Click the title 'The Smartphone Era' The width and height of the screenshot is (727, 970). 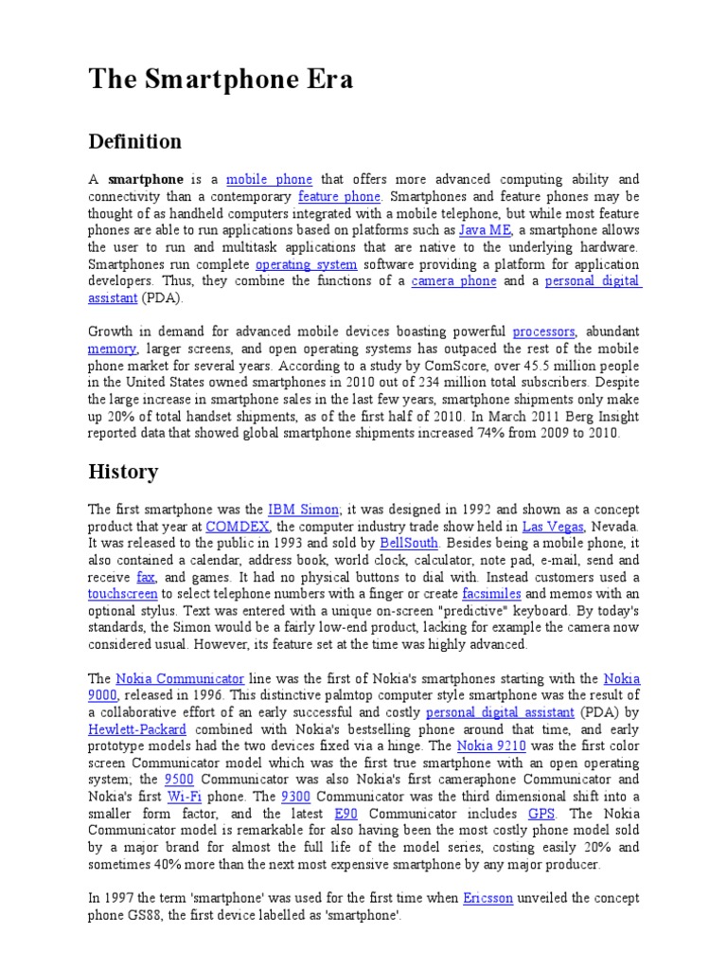211,79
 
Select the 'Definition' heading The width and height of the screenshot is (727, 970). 134,142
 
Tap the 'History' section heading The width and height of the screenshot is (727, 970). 123,471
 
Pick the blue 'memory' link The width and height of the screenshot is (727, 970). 112,349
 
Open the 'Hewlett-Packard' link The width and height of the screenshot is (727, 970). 137,729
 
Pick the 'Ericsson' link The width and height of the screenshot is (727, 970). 488,898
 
